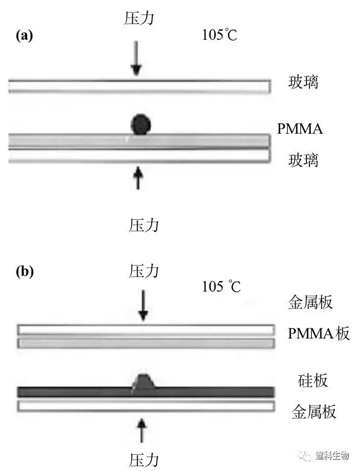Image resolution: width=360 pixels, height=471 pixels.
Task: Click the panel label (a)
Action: [x=24, y=36]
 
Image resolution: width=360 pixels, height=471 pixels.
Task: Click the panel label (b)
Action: [x=25, y=272]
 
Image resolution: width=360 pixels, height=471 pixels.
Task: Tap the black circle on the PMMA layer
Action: [x=141, y=124]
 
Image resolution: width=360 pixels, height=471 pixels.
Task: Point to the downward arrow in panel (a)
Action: [x=137, y=58]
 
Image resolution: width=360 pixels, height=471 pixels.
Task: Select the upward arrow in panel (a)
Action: [x=138, y=178]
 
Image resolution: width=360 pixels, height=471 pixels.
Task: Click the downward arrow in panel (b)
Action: [x=143, y=305]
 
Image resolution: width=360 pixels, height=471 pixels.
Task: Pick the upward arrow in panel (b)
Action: [x=141, y=431]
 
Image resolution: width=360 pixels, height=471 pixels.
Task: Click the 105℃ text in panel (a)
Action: [x=220, y=35]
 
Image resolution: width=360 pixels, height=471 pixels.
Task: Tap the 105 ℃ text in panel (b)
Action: [x=222, y=287]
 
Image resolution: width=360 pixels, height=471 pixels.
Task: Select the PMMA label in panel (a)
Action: [x=300, y=129]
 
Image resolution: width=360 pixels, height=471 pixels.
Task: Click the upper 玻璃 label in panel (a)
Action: [x=303, y=83]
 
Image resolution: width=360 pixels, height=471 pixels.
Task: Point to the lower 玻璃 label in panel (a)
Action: [x=303, y=160]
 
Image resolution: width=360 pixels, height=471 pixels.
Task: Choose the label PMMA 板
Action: [x=318, y=334]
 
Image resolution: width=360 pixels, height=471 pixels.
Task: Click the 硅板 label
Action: [x=312, y=381]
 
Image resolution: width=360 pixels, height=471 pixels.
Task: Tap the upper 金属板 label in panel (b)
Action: [x=311, y=302]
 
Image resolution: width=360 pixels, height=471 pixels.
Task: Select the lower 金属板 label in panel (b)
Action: [x=314, y=412]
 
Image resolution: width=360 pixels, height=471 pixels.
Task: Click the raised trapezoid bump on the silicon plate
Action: [x=143, y=381]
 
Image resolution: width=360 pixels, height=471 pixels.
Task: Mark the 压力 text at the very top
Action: [x=139, y=18]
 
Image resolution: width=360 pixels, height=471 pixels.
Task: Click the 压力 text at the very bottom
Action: [x=143, y=460]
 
